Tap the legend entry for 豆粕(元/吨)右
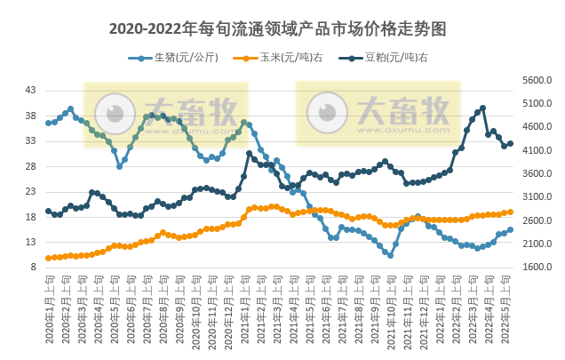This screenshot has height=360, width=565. [384, 58]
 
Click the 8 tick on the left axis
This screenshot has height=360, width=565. [34, 267]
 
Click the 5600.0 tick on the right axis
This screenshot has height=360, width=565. [537, 80]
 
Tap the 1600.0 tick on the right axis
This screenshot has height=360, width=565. [537, 267]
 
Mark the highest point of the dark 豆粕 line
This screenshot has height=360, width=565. [482, 108]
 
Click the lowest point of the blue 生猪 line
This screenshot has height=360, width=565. [390, 255]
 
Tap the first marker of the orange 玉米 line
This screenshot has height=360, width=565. [48, 258]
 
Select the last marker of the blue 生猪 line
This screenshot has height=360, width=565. [510, 229]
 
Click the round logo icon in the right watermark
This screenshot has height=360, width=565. [327, 112]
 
